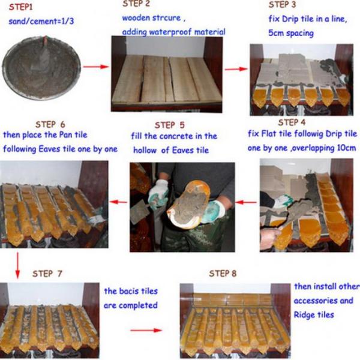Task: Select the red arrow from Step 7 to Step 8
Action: [x=146, y=330]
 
